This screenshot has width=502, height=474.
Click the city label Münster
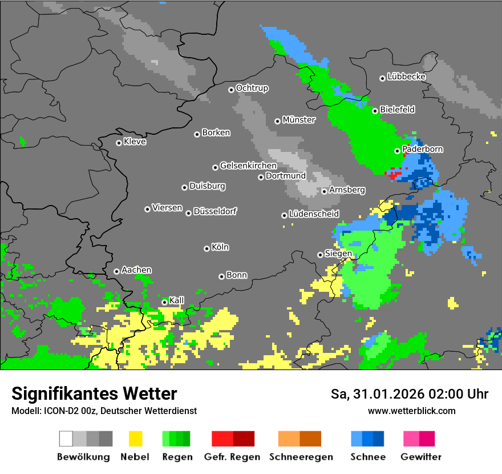pyautogui.click(x=298, y=120)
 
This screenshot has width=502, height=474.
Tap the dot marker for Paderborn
pyautogui.click(x=398, y=151)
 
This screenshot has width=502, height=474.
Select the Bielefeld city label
pyautogui.click(x=397, y=110)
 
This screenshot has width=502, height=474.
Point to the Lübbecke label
pyautogui.click(x=406, y=77)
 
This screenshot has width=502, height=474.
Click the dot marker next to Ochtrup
pyautogui.click(x=231, y=89)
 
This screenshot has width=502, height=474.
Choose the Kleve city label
pyautogui.click(x=135, y=142)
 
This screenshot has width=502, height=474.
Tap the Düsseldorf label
pyautogui.click(x=214, y=211)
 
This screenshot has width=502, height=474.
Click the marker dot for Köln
pyautogui.click(x=207, y=248)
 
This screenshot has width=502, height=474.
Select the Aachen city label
pyautogui.click(x=136, y=270)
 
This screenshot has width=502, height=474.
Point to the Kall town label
pyautogui.click(x=177, y=300)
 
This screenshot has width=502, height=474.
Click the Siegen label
pyautogui.click(x=338, y=254)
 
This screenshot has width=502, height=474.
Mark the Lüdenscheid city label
pyautogui.click(x=314, y=214)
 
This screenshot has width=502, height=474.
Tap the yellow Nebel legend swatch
pyautogui.click(x=135, y=439)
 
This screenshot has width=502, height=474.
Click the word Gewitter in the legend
pyautogui.click(x=421, y=457)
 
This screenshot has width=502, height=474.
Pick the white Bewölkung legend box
pyautogui.click(x=66, y=439)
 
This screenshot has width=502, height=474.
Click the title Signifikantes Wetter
pyautogui.click(x=94, y=394)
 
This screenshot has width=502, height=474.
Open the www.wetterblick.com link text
pyautogui.click(x=411, y=411)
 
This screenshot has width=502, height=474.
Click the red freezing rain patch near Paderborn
pyautogui.click(x=392, y=174)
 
